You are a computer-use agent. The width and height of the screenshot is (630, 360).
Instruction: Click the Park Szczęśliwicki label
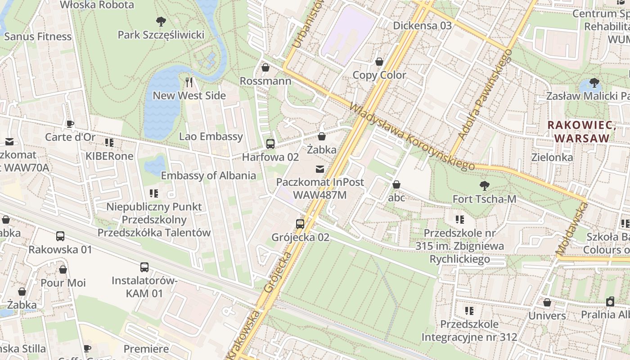pyautogui.click(x=161, y=35)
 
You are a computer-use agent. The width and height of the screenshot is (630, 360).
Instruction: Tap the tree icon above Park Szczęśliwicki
pyautogui.click(x=161, y=21)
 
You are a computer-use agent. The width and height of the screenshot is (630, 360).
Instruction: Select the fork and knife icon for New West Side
pyautogui.click(x=189, y=82)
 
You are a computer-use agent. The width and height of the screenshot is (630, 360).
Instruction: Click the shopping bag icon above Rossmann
pyautogui.click(x=265, y=67)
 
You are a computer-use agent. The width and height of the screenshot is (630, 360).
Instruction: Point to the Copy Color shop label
pyautogui.click(x=379, y=75)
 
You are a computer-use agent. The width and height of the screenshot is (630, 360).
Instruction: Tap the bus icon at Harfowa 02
pyautogui.click(x=270, y=144)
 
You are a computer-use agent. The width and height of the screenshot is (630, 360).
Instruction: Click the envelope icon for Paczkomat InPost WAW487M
pyautogui.click(x=319, y=169)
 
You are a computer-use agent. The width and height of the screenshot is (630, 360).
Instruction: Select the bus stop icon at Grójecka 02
pyautogui.click(x=300, y=224)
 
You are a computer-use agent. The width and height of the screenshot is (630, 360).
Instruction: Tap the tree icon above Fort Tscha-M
pyautogui.click(x=484, y=185)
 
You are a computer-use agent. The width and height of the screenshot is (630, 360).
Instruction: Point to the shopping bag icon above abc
pyautogui.click(x=396, y=184)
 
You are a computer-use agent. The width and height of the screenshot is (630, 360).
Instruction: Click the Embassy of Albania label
pyautogui.click(x=208, y=175)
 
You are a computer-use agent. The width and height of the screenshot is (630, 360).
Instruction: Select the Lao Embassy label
pyautogui.click(x=211, y=136)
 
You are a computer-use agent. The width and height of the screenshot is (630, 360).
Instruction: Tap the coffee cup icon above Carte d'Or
pyautogui.click(x=70, y=124)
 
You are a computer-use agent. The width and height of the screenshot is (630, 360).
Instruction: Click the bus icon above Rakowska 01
pyautogui.click(x=60, y=236)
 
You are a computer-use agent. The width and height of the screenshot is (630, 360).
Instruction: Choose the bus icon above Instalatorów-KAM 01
pyautogui.click(x=144, y=267)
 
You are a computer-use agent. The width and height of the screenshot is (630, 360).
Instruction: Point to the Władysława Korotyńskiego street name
pyautogui.click(x=412, y=138)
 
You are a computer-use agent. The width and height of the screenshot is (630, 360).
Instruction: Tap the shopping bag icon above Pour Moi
pyautogui.click(x=63, y=270)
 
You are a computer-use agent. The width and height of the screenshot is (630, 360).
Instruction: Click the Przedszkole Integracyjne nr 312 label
pyautogui.click(x=469, y=330)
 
